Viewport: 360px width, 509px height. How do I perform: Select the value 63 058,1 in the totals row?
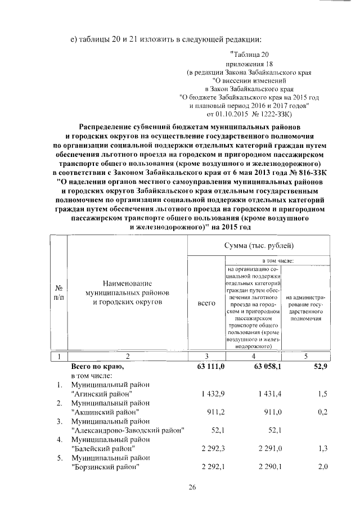[261, 367]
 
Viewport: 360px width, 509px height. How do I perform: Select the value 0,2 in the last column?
[322, 412]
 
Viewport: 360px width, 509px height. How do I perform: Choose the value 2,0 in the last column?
[322, 467]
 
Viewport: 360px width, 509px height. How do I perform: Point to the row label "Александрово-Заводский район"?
[128, 430]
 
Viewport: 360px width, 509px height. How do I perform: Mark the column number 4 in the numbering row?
[254, 356]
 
